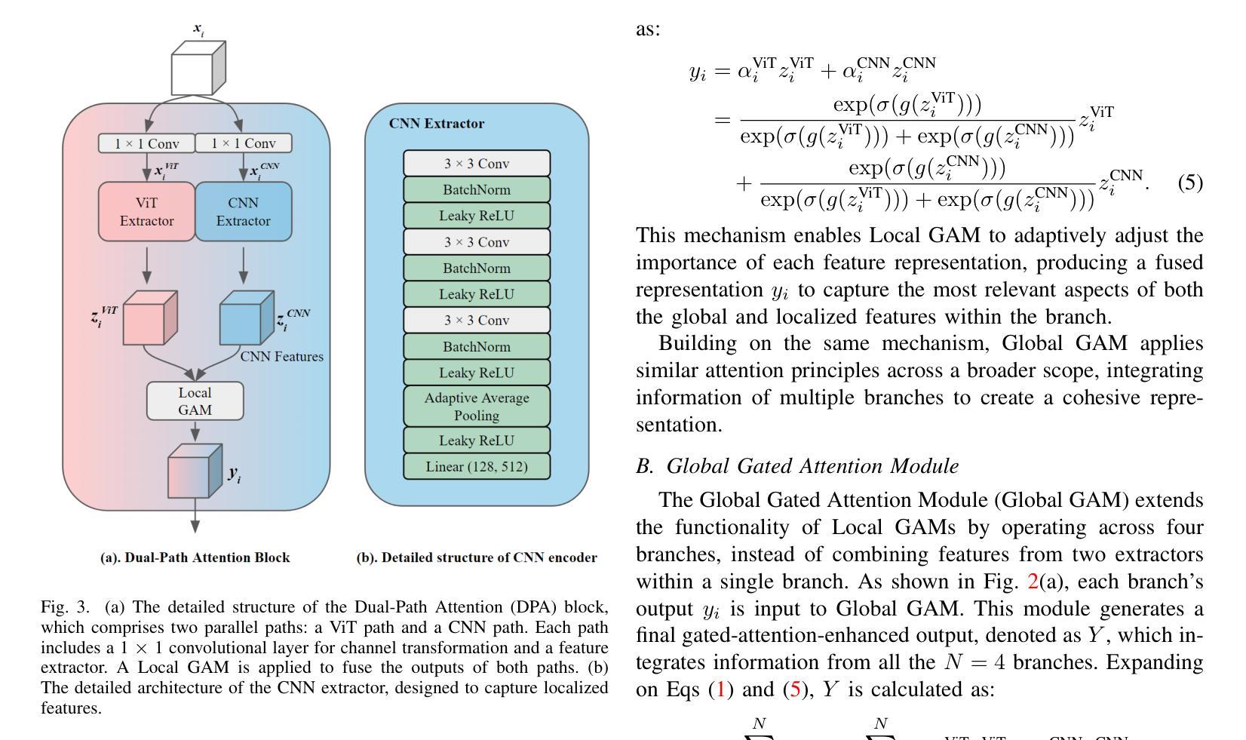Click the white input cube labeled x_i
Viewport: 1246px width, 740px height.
(198, 69)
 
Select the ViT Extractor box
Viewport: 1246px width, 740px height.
(147, 212)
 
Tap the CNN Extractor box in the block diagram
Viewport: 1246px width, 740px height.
(243, 212)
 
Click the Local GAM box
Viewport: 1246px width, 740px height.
(195, 401)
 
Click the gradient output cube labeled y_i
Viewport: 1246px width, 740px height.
(194, 471)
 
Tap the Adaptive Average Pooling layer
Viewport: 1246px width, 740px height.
(477, 407)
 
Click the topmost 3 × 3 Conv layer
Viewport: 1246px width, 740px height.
(477, 164)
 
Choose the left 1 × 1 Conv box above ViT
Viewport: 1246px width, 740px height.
(147, 143)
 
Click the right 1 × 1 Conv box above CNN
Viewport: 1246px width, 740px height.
(243, 143)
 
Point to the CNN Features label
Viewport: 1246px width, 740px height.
(282, 357)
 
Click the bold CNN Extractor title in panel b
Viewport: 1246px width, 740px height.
(437, 124)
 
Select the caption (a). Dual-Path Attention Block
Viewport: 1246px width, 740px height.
(195, 558)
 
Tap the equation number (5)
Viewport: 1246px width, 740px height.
(1190, 183)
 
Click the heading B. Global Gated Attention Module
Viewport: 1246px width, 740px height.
(797, 466)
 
